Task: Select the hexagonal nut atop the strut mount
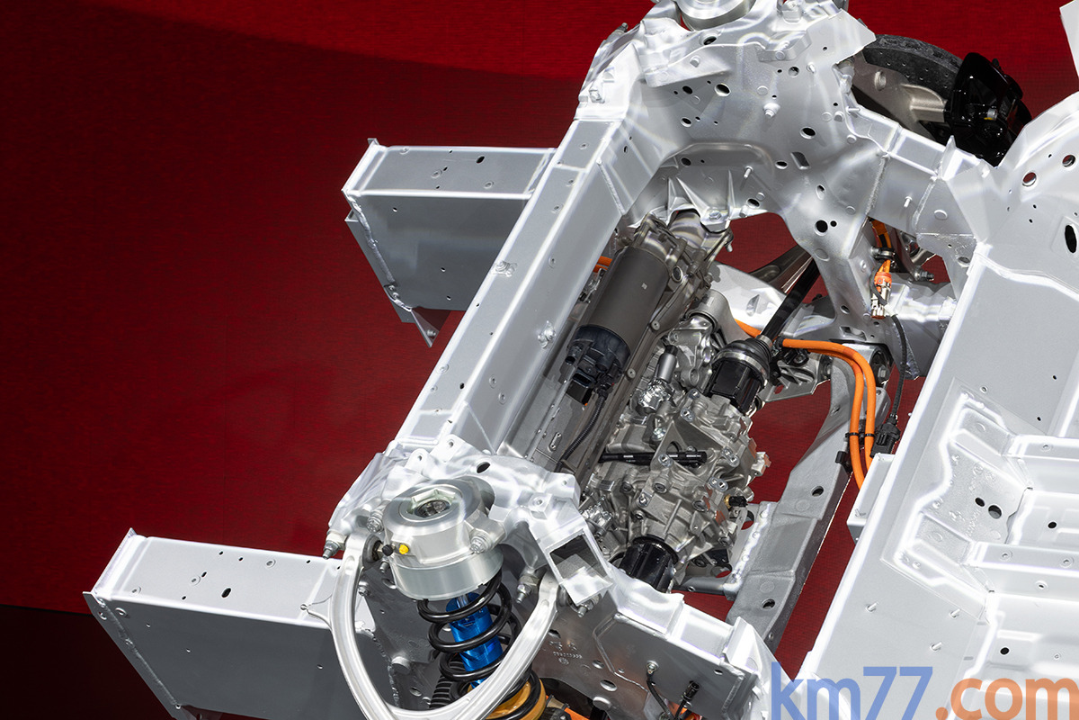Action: pos(432,503)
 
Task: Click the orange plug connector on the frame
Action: pos(882,290)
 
